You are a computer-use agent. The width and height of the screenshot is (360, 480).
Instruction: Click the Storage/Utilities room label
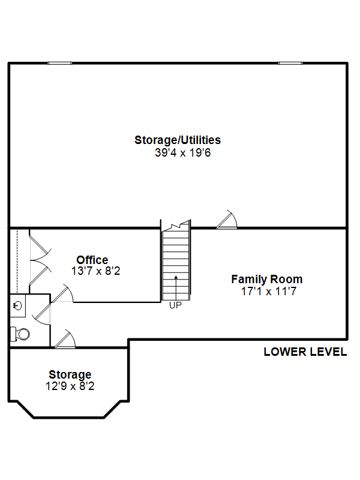[x=178, y=140]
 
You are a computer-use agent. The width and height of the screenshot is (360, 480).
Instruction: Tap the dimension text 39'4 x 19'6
[x=183, y=152]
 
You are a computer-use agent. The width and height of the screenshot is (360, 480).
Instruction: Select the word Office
[x=92, y=260]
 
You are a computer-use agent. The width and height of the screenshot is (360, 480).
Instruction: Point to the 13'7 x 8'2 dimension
[x=95, y=271]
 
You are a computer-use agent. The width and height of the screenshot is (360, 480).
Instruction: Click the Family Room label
[x=266, y=280]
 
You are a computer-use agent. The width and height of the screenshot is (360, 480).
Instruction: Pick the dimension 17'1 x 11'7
[x=269, y=291]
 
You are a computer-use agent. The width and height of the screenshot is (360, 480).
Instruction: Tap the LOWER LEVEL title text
[x=305, y=352]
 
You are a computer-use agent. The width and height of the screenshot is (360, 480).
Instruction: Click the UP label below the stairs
[x=175, y=305]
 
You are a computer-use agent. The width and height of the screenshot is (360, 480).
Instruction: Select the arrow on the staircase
[x=176, y=288]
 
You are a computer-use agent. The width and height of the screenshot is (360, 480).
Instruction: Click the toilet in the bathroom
[x=20, y=334]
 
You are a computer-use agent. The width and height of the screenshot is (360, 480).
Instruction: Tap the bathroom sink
[x=17, y=305]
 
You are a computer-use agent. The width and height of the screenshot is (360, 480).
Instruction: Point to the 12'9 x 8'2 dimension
[x=70, y=386]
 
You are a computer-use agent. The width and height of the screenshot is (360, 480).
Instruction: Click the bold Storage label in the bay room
[x=70, y=374]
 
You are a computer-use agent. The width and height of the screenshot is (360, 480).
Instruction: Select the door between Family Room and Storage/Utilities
[x=227, y=220]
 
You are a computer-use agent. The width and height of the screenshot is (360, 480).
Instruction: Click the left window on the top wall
[x=60, y=64]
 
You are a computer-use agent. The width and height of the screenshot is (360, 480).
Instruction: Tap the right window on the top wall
[x=290, y=64]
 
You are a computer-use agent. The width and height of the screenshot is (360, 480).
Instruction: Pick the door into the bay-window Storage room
[x=65, y=339]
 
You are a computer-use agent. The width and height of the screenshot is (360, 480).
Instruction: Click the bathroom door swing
[x=41, y=314]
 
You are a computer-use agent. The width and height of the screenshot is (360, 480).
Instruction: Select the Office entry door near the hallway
[x=62, y=293]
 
